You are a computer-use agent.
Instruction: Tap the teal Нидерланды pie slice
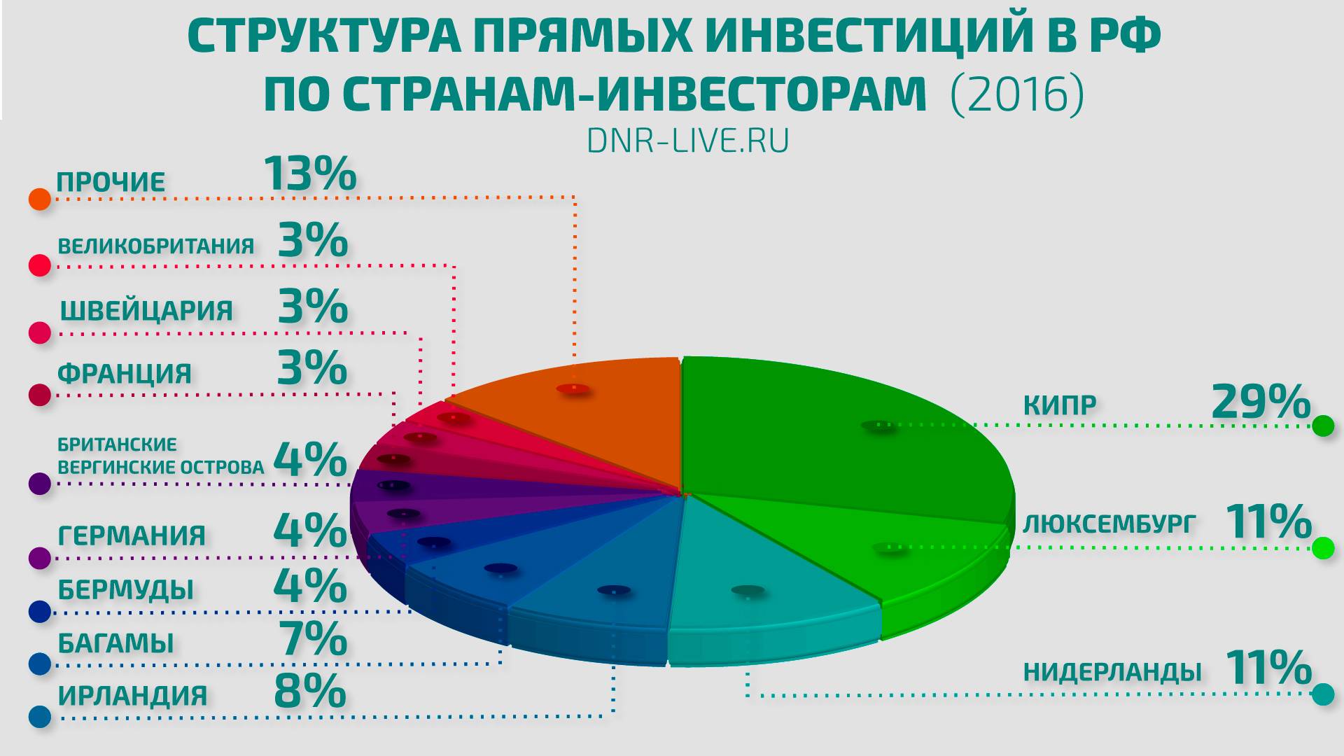pyautogui.click(x=763, y=574)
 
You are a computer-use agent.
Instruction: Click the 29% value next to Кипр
pyautogui.click(x=1261, y=402)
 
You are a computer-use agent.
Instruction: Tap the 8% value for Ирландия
pyautogui.click(x=310, y=691)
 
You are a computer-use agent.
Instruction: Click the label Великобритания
pyautogui.click(x=155, y=246)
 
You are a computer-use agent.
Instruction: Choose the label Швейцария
pyautogui.click(x=146, y=310)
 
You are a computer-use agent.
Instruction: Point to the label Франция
pyautogui.click(x=125, y=374)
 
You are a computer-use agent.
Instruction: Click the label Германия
pyautogui.click(x=132, y=536)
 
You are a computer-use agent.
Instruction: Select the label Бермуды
pyautogui.click(x=125, y=590)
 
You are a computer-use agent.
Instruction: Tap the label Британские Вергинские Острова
pyautogui.click(x=160, y=456)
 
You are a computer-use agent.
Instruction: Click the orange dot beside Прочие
pyautogui.click(x=40, y=199)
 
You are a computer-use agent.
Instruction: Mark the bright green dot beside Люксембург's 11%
pyautogui.click(x=1323, y=548)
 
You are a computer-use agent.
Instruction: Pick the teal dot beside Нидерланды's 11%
pyautogui.click(x=1323, y=694)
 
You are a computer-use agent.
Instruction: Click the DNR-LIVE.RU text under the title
pyautogui.click(x=687, y=141)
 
